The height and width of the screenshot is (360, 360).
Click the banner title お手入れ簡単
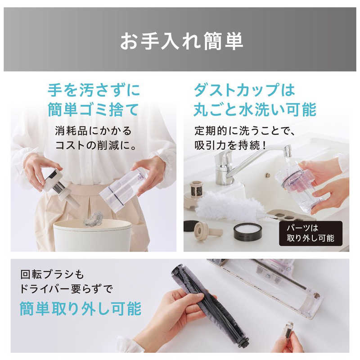point(181,41)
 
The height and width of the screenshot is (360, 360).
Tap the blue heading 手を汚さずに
point(94,90)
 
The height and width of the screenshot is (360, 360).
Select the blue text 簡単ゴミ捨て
point(93,110)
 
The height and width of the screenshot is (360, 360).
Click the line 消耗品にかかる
point(93,131)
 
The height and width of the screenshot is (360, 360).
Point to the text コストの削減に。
point(96,145)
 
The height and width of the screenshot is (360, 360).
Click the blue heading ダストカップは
point(244,90)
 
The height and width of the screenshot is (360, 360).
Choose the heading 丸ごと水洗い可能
point(255,110)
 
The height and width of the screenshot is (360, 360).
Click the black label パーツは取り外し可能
point(310,233)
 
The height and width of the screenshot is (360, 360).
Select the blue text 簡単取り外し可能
point(81,309)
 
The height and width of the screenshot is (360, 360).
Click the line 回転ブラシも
point(52,274)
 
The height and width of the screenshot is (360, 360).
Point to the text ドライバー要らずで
point(66,288)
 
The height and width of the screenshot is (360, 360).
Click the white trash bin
point(92,235)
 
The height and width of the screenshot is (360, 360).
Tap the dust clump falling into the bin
point(94,219)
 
